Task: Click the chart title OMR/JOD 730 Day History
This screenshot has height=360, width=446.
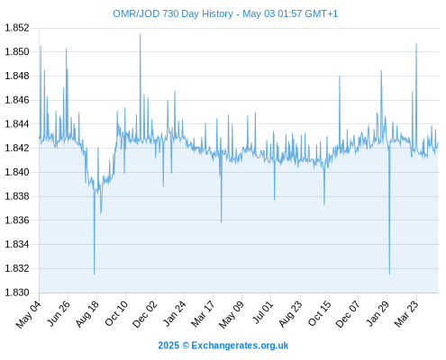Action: pyautogui.click(x=173, y=13)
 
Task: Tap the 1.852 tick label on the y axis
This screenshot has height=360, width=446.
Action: pyautogui.click(x=17, y=28)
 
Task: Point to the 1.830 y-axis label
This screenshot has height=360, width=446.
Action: pyautogui.click(x=17, y=292)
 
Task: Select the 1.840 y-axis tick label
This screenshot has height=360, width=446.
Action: pyautogui.click(x=17, y=172)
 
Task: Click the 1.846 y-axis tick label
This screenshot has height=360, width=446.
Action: pyautogui.click(x=17, y=100)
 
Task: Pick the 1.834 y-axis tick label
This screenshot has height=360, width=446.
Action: pyautogui.click(x=17, y=244)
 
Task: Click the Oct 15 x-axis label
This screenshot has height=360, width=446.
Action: pyautogui.click(x=320, y=313)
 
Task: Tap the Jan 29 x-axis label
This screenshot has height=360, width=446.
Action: pyautogui.click(x=378, y=313)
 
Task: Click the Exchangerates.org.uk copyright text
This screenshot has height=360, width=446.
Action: pyautogui.click(x=223, y=346)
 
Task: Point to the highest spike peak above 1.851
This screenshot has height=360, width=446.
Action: pyautogui.click(x=140, y=34)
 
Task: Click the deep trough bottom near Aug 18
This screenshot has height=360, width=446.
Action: pyautogui.click(x=94, y=274)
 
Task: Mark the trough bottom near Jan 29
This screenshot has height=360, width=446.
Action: pyautogui.click(x=389, y=274)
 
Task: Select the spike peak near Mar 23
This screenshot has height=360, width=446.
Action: pyautogui.click(x=416, y=44)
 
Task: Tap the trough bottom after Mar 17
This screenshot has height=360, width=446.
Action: pyautogui.click(x=222, y=222)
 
